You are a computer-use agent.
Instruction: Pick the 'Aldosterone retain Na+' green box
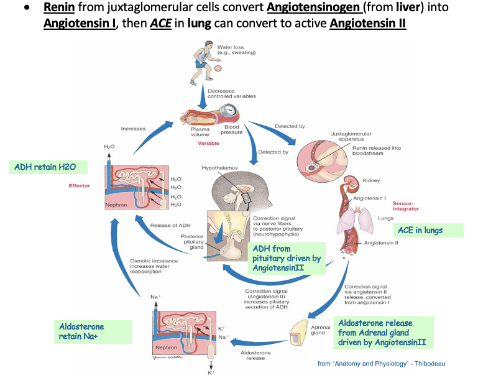pos(93,332)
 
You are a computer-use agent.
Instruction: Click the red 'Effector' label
pos(79,185)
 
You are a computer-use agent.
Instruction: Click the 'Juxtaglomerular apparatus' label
pos(351,136)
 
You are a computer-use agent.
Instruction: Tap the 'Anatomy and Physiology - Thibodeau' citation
pos(381,363)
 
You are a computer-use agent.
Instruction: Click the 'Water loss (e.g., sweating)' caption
pos(233,49)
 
